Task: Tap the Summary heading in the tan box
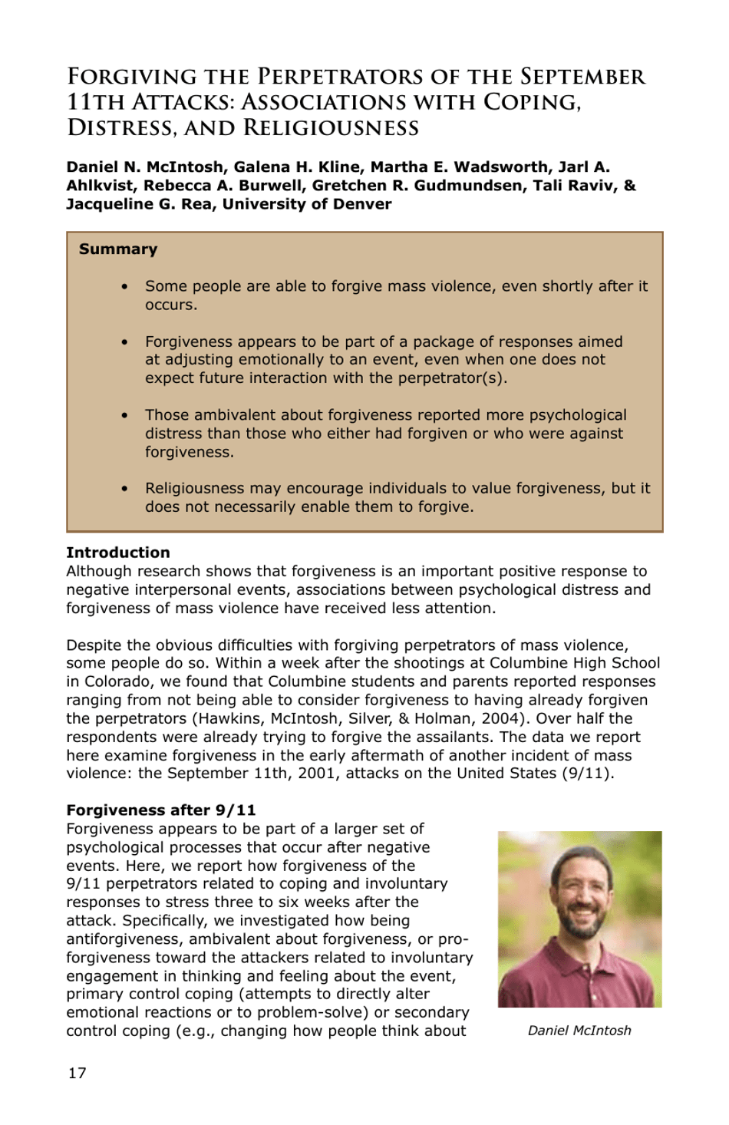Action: point(118,249)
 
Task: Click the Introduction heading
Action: point(118,553)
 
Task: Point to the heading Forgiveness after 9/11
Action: point(161,810)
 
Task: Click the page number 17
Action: point(77,1073)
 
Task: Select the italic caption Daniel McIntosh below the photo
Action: point(579,1031)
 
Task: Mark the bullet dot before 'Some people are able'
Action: point(124,286)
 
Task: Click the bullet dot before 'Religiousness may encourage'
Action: point(124,488)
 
